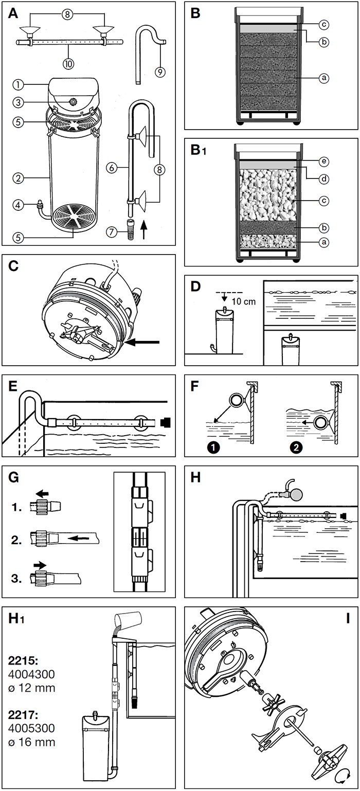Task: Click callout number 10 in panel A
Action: (69, 63)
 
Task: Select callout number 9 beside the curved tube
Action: (160, 71)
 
